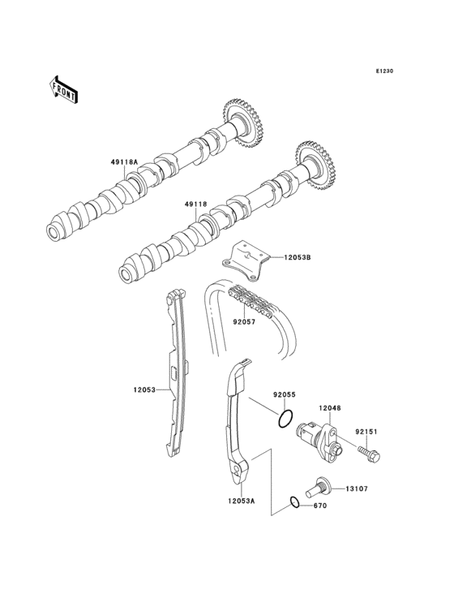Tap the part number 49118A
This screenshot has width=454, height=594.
tap(125, 162)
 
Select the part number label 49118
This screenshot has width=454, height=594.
tap(196, 204)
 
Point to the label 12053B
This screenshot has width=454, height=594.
tap(298, 257)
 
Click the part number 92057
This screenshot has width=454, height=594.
tap(244, 322)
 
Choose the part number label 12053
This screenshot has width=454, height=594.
tap(144, 390)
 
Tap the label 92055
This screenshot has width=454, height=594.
tap(284, 394)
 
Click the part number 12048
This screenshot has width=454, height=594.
tap(329, 408)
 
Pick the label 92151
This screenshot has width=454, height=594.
tap(366, 432)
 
